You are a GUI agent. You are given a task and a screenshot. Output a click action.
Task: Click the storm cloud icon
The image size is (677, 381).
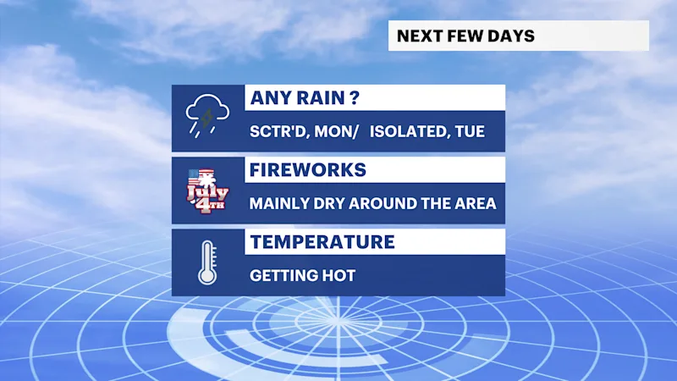point(207,115)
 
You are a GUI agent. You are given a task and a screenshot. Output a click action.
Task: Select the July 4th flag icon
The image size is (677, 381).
point(207,190)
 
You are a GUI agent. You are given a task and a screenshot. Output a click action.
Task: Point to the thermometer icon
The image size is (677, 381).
point(207,262)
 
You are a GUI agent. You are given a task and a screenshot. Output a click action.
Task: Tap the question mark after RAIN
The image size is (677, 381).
point(355,98)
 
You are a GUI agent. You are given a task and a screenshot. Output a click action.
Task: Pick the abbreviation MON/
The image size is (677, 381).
point(336,131)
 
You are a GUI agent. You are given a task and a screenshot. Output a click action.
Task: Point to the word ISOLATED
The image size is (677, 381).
point(406,131)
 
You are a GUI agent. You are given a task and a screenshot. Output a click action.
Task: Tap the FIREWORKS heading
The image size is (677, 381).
point(308,170)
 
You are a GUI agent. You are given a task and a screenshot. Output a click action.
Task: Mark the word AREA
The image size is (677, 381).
point(476,203)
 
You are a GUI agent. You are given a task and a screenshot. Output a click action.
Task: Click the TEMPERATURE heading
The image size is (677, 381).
point(322,242)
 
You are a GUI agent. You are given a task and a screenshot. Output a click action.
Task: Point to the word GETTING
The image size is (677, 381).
point(283,276)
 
